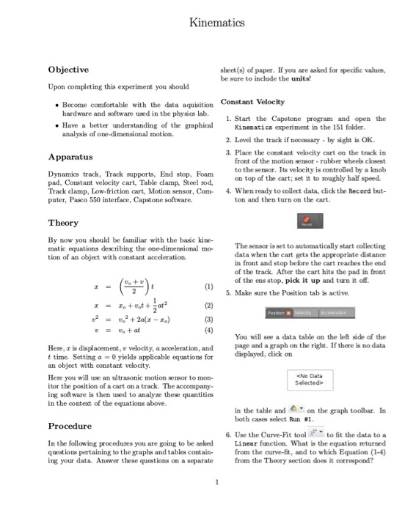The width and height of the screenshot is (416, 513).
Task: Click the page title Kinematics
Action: click(207, 23)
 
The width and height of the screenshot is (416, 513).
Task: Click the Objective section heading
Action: click(68, 70)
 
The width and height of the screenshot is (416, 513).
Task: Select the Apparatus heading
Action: click(70, 157)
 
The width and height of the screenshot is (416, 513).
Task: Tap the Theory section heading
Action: click(63, 222)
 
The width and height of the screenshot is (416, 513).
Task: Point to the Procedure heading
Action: click(70, 426)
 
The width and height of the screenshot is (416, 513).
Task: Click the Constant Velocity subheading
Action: click(252, 101)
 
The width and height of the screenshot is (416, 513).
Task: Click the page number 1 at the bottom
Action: click(208, 481)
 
